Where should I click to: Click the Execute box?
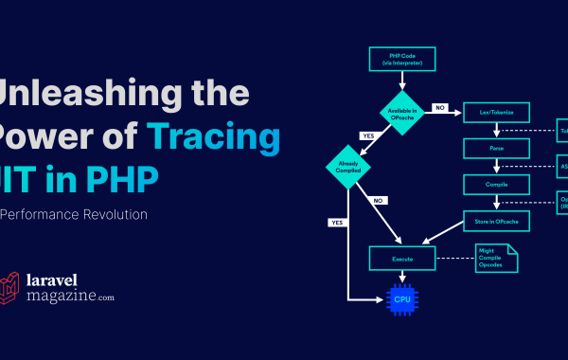402,257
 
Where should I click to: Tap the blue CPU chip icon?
402,299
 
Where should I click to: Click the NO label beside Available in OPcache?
440,108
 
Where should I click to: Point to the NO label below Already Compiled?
377,201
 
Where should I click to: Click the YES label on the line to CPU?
336,222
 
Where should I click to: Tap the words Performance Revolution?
76,214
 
